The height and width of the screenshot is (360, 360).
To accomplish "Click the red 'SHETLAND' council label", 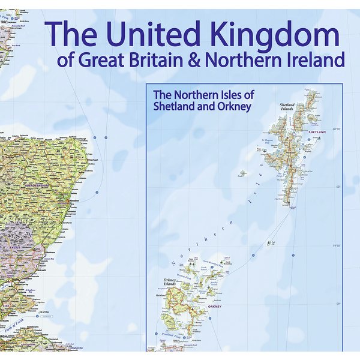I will click(316, 131).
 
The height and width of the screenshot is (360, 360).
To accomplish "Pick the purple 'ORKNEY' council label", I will click(214, 307).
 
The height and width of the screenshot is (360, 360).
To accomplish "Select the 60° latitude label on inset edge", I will click(337, 187).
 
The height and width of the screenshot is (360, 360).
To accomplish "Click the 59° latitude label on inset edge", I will click(337, 304).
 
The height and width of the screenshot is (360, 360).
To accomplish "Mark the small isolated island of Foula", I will click(243, 174).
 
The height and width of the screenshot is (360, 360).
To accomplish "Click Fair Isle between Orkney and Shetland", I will click(269, 243).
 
